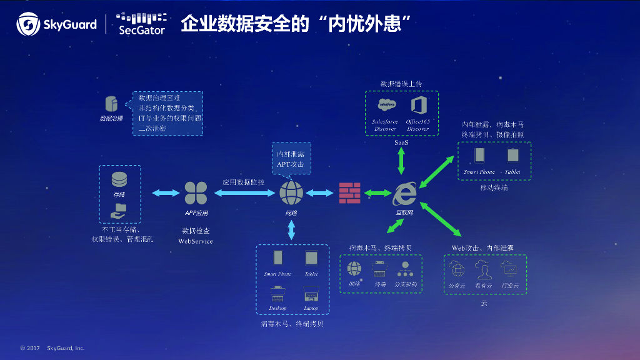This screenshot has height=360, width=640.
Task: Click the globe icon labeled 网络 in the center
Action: (291, 193)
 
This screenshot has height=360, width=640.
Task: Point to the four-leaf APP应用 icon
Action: (196, 193)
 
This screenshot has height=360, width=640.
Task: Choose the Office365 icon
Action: (417, 105)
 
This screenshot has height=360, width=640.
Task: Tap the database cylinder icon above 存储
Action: (119, 179)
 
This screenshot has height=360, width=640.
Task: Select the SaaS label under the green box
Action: (401, 143)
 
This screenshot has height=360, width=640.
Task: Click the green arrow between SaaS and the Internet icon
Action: (401, 162)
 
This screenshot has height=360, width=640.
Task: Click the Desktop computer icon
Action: (277, 293)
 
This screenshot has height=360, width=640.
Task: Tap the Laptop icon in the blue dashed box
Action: (311, 293)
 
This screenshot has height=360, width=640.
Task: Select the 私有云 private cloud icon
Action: (483, 270)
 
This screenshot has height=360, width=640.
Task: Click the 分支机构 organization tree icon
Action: (405, 269)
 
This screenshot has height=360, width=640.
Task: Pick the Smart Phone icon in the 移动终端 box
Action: (479, 155)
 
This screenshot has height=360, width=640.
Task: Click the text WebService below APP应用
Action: (196, 241)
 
